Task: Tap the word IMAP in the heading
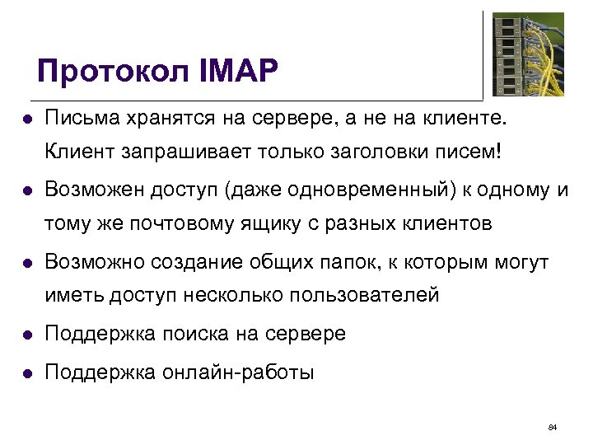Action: (238, 72)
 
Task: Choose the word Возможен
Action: (93, 190)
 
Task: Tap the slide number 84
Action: (553, 427)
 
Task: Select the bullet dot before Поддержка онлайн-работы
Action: (26, 372)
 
